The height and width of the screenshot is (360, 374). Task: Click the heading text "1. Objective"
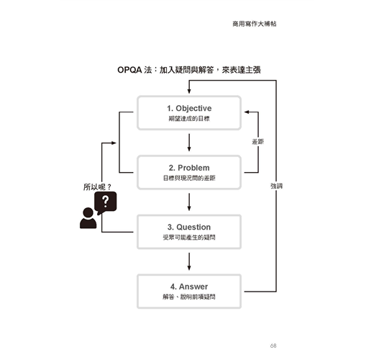[x=189, y=109]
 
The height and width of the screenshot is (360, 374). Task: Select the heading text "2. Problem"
[x=189, y=168]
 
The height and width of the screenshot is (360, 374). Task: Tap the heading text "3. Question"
[x=189, y=227]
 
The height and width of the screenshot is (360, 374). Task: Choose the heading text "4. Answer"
[x=189, y=287]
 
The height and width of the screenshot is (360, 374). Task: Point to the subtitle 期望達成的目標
[x=189, y=119]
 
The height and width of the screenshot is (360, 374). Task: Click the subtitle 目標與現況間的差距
[x=189, y=178]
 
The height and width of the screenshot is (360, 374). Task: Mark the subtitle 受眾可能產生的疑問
[x=189, y=238]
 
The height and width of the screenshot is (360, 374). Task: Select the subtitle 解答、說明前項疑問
[x=189, y=297]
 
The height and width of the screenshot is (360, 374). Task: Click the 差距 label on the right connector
[x=258, y=142]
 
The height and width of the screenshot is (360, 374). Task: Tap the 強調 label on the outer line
[x=276, y=186]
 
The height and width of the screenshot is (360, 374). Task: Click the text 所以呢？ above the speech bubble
[x=97, y=187]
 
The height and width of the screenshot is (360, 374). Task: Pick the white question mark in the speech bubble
[x=106, y=202]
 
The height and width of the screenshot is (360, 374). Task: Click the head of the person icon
[x=88, y=212]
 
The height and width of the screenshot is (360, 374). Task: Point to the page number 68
[x=273, y=346]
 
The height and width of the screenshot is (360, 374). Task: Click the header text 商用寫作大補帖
[x=255, y=24]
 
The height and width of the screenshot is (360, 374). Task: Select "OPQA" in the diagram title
[x=129, y=70]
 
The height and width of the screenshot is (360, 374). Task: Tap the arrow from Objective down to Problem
[x=189, y=143]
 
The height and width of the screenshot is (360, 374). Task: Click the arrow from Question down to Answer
[x=189, y=261]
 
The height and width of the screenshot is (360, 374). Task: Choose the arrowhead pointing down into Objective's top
[x=189, y=91]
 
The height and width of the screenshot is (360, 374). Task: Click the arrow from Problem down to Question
[x=189, y=202]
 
